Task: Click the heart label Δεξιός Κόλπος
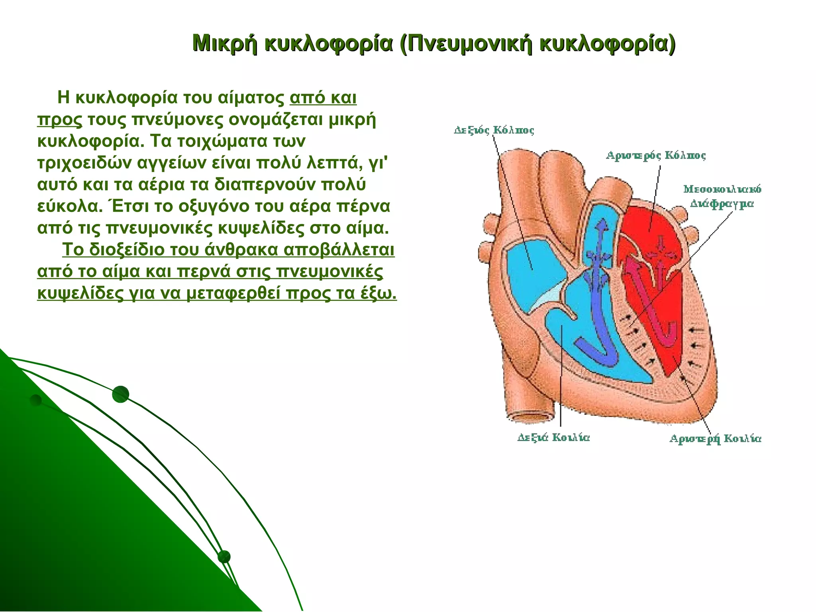[494, 130]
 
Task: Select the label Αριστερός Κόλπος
[656, 155]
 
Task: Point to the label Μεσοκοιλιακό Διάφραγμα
[722, 196]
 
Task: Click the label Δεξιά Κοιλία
[553, 437]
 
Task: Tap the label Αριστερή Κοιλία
[716, 439]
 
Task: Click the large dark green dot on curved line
[121, 394]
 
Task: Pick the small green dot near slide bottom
[224, 557]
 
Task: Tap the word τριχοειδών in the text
[84, 163]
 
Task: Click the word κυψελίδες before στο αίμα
[261, 228]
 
